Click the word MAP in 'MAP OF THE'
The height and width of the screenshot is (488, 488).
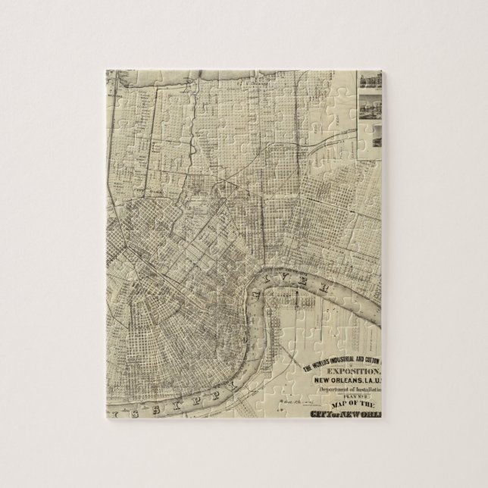336,405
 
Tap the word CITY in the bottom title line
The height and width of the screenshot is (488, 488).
325,414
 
